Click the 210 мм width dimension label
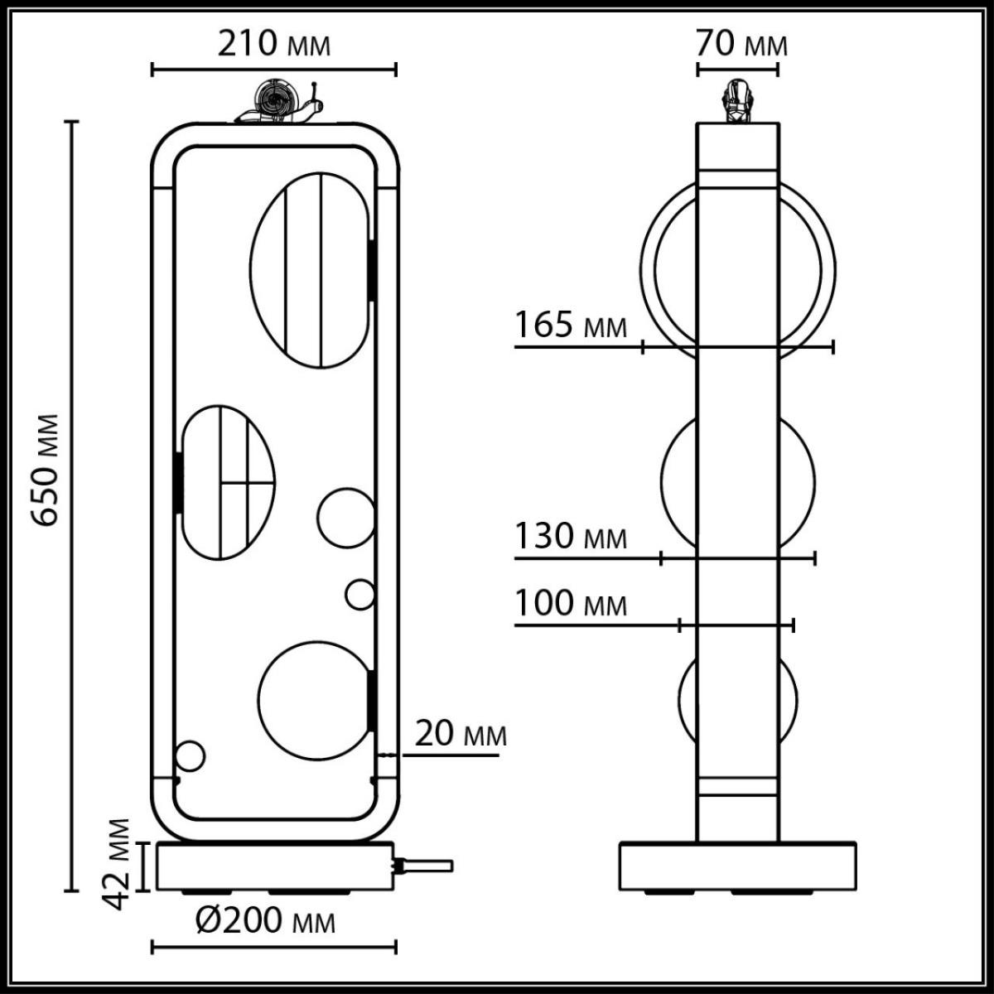click(x=273, y=44)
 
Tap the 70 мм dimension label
click(x=741, y=43)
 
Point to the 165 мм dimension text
click(x=571, y=326)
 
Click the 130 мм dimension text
click(x=571, y=537)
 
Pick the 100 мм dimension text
click(x=571, y=604)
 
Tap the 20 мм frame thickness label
click(x=460, y=734)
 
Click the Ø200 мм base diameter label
click(x=266, y=920)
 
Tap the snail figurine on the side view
click(x=737, y=102)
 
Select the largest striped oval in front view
click(x=310, y=270)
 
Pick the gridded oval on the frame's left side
click(x=227, y=480)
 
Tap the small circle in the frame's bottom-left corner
click(x=190, y=756)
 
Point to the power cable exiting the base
click(x=427, y=866)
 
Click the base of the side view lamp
click(x=737, y=866)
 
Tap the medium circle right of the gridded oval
click(x=345, y=518)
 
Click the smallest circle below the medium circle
click(x=360, y=594)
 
